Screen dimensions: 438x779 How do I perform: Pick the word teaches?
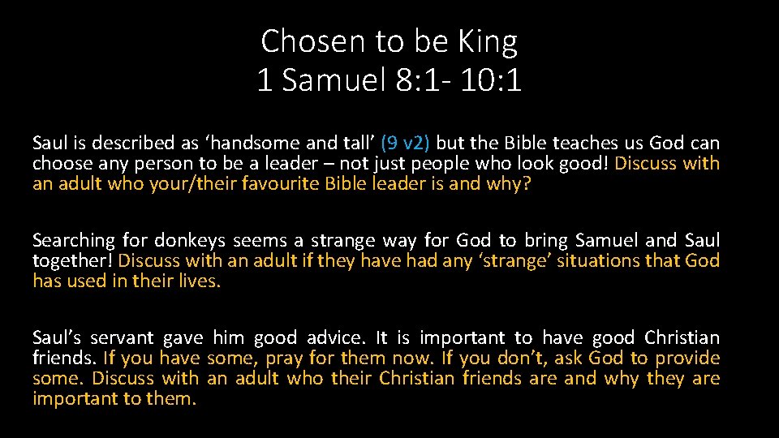(585, 144)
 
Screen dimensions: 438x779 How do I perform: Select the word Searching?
(74, 240)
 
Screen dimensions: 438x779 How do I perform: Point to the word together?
(72, 260)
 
